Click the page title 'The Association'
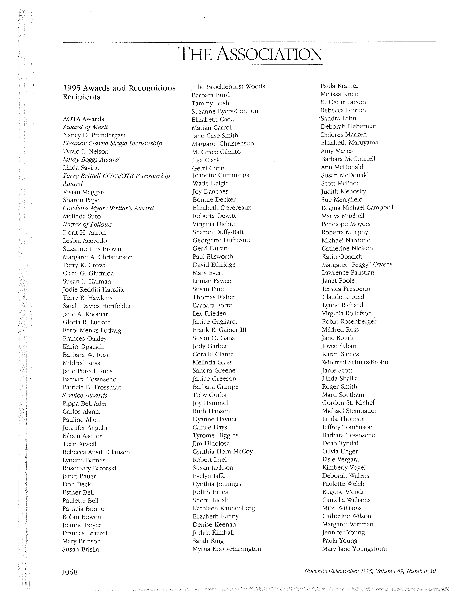[x=250, y=54]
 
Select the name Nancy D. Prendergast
[x=94, y=135]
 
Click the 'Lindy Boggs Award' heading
[x=91, y=160]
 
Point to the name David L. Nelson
[x=86, y=152]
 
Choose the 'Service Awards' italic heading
[x=85, y=395]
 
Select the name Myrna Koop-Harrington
[x=227, y=549]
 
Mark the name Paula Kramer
[x=339, y=86]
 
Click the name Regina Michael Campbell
[x=357, y=208]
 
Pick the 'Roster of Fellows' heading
[x=87, y=225]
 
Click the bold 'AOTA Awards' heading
[x=83, y=119]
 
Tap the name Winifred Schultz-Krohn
[x=355, y=362]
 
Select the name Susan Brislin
[x=81, y=549]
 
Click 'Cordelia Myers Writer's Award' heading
[x=108, y=208]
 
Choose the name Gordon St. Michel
[x=348, y=403]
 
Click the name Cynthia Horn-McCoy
[x=223, y=451]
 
